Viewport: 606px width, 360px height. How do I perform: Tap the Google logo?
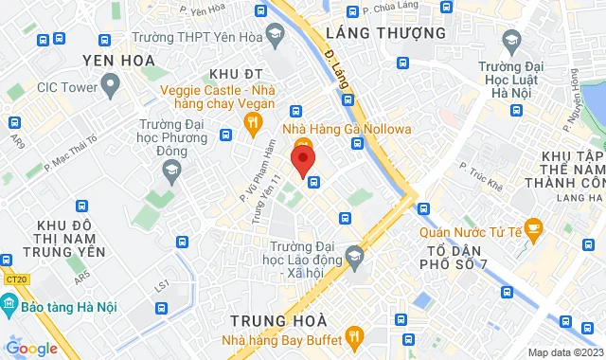[31, 348]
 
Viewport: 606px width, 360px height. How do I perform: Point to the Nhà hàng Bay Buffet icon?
[355, 335]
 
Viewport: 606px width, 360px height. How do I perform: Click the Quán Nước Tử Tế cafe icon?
[533, 227]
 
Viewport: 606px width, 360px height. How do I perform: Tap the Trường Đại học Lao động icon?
[354, 255]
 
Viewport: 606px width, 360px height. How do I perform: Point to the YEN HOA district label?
[118, 61]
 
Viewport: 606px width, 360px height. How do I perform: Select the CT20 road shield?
[14, 279]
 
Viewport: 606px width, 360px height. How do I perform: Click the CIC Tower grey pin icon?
[110, 87]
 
